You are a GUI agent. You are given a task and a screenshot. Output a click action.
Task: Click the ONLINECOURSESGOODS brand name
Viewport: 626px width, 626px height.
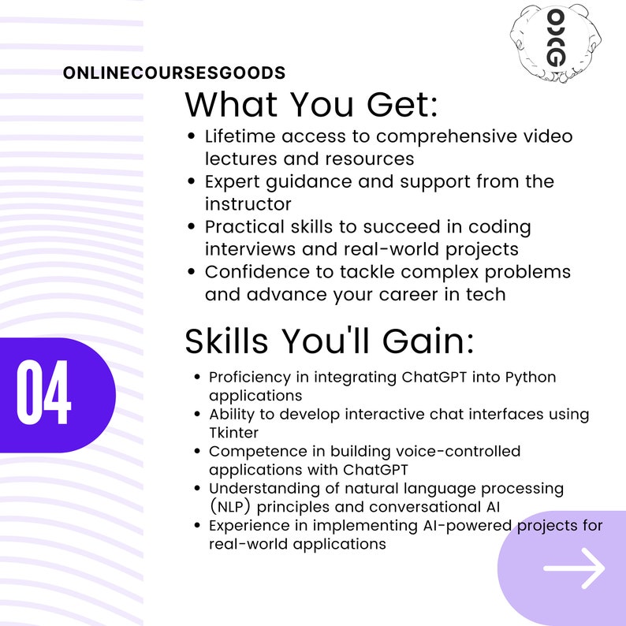coord(174,73)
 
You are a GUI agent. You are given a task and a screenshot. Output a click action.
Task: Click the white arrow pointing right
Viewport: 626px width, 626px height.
coord(574,567)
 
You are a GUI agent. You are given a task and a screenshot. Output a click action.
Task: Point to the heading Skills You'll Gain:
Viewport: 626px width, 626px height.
coord(329,341)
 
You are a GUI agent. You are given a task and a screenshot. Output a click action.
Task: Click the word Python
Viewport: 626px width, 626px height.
coord(530,377)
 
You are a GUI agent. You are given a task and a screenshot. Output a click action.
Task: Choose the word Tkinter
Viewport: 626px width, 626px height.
coord(234,433)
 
